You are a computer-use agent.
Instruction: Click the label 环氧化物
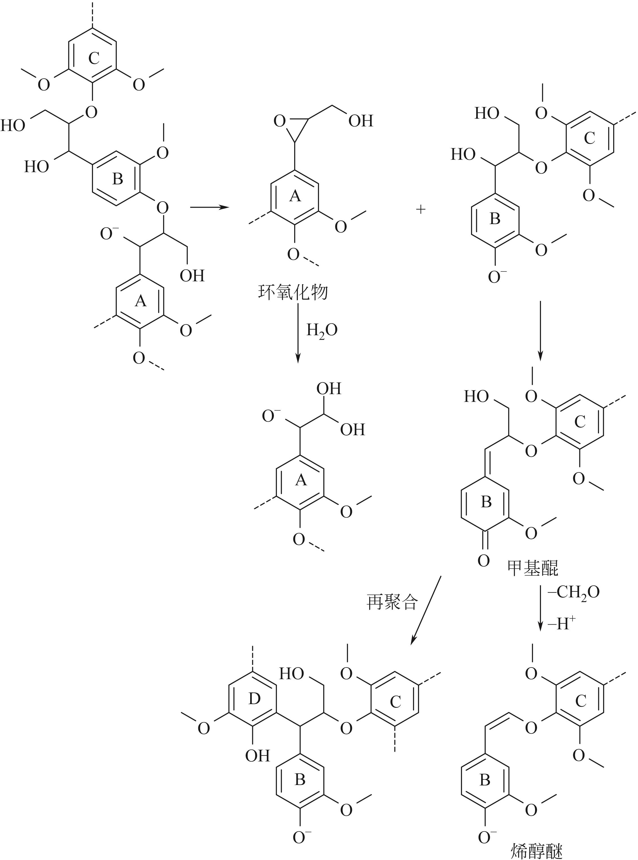coord(293,293)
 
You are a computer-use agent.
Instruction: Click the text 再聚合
coord(392,602)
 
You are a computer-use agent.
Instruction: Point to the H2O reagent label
coord(322,330)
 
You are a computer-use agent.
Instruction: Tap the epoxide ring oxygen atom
coord(280,121)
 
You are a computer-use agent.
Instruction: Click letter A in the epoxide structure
coord(295,196)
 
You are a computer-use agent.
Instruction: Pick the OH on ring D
coord(257,756)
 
